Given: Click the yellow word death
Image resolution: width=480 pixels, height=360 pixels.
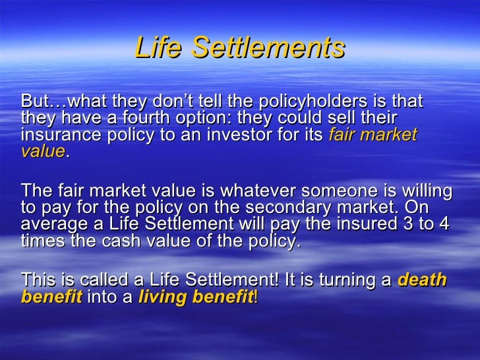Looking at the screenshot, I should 423,280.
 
